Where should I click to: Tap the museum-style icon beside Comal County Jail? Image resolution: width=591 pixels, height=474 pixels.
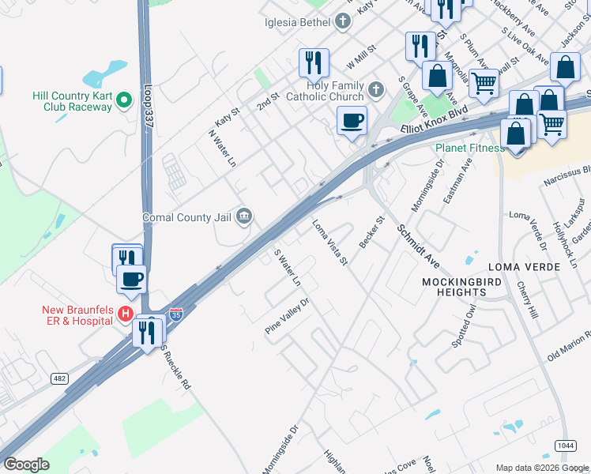[244, 216]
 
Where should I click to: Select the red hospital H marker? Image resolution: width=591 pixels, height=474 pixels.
[124, 314]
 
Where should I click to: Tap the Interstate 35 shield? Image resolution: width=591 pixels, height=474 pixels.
[176, 315]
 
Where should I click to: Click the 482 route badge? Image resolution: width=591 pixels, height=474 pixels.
[59, 379]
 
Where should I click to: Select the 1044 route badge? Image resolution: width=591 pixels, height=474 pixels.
[564, 446]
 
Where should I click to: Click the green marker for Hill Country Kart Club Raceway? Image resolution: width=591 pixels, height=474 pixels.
[123, 100]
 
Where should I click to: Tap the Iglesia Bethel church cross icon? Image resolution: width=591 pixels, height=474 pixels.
[342, 22]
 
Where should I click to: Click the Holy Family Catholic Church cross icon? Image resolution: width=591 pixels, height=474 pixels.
[376, 88]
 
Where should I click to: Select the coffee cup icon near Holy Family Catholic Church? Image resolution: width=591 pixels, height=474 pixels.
[352, 122]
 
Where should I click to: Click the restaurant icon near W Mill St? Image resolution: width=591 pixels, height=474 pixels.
[314, 63]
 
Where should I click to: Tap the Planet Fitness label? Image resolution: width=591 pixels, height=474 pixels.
[469, 148]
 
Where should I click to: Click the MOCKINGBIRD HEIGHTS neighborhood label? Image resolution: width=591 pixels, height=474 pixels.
[454, 287]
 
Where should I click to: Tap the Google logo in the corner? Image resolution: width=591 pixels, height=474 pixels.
[26, 465]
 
